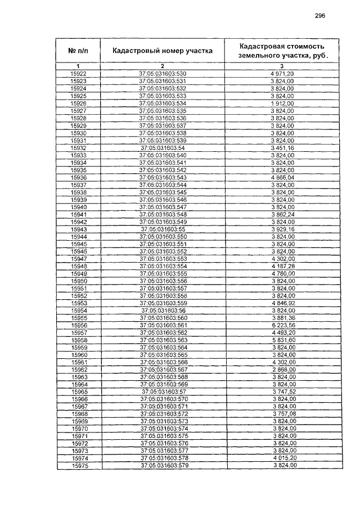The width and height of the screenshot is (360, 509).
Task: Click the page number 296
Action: pyautogui.click(x=320, y=16)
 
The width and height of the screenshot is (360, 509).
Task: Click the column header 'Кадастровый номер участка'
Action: pyautogui.click(x=162, y=51)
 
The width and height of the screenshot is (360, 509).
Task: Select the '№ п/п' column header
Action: pyautogui.click(x=79, y=51)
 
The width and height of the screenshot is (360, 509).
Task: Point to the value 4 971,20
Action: pyautogui.click(x=282, y=74)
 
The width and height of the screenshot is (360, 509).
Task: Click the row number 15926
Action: pyautogui.click(x=79, y=104)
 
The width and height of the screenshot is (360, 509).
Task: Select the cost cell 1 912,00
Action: pyautogui.click(x=282, y=104)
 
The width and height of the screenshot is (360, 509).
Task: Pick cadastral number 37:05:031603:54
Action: pyautogui.click(x=162, y=148)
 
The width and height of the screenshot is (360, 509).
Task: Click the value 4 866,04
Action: pyautogui.click(x=282, y=178)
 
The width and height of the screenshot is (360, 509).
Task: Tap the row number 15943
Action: pyautogui.click(x=79, y=229)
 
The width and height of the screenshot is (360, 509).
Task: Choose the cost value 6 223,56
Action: pyautogui.click(x=282, y=326)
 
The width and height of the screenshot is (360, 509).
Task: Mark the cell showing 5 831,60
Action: pyautogui.click(x=282, y=340)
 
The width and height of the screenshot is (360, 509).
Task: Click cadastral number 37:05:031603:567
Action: pyautogui.click(x=162, y=370)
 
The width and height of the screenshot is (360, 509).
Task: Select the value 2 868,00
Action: pyautogui.click(x=282, y=370)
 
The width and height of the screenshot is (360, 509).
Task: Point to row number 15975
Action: pyautogui.click(x=79, y=466)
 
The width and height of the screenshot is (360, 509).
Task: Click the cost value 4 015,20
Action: pyautogui.click(x=282, y=459)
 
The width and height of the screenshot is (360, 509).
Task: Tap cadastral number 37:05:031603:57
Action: pyautogui.click(x=162, y=392)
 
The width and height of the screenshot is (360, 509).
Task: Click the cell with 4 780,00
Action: pyautogui.click(x=282, y=274)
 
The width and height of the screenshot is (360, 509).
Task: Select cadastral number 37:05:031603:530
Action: pyautogui.click(x=162, y=74)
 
